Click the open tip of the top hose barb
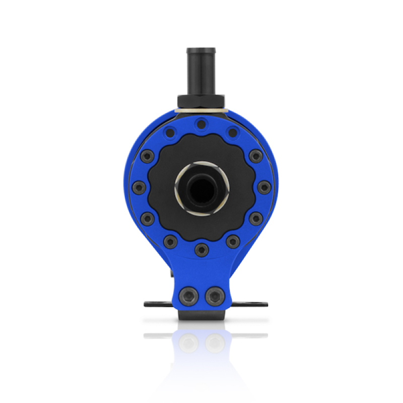[201, 50]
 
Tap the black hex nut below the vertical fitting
[201, 102]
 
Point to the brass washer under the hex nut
[201, 110]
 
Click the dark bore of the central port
[201, 188]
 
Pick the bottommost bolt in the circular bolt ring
[201, 249]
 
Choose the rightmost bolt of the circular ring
[264, 188]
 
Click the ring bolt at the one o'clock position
[232, 133]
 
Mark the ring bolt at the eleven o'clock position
[170, 133]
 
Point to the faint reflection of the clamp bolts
[201, 343]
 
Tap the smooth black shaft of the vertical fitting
[201, 76]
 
